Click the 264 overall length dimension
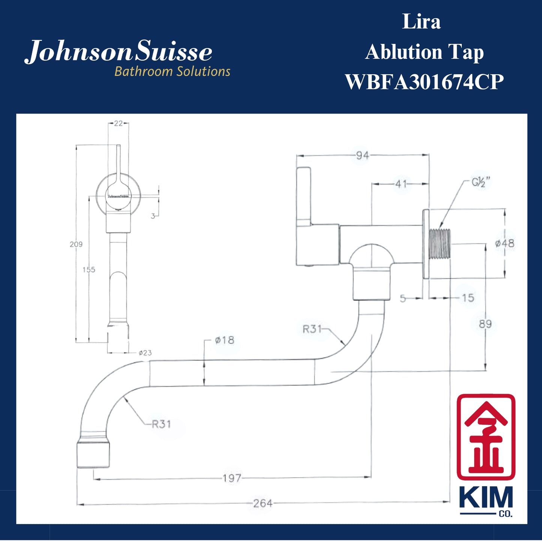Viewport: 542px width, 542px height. pyautogui.click(x=263, y=503)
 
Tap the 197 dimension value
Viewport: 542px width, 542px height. pyautogui.click(x=231, y=478)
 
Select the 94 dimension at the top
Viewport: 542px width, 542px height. pyautogui.click(x=362, y=155)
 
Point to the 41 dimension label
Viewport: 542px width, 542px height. pyautogui.click(x=401, y=184)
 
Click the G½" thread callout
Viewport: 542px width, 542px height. pyautogui.click(x=480, y=183)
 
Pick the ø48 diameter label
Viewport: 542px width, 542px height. pyautogui.click(x=504, y=243)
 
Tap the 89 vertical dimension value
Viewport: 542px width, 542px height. pyautogui.click(x=485, y=324)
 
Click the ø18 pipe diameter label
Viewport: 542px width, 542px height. pyautogui.click(x=224, y=340)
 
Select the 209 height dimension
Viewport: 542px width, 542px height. pyautogui.click(x=76, y=244)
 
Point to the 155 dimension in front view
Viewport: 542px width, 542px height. pyautogui.click(x=89, y=269)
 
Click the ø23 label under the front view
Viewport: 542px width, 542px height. pyautogui.click(x=145, y=353)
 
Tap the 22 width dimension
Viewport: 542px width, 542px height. pyautogui.click(x=118, y=123)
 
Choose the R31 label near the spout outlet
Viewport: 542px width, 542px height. pyautogui.click(x=161, y=424)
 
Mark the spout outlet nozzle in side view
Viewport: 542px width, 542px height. pyautogui.click(x=93, y=455)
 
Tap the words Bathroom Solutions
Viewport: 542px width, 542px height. pyautogui.click(x=172, y=71)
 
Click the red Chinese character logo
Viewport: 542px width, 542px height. pyautogui.click(x=486, y=437)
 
